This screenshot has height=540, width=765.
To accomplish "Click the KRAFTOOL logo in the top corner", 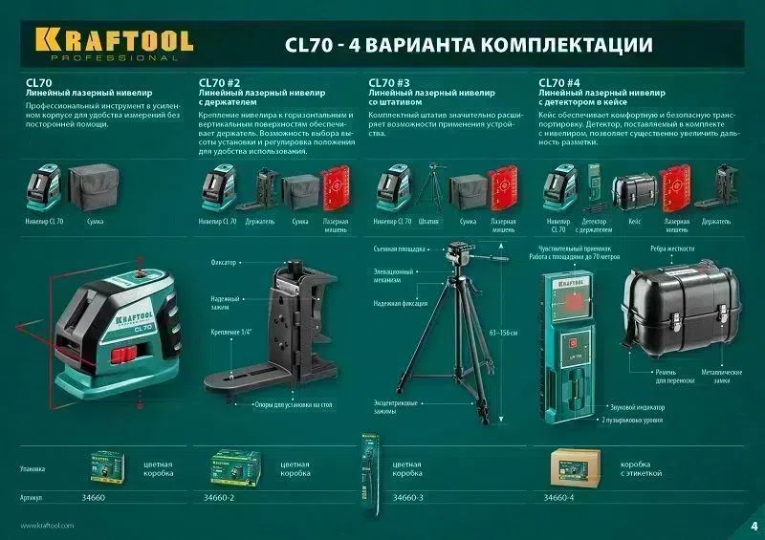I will [x=114, y=42].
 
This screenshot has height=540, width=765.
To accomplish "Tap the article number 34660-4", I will [x=562, y=498].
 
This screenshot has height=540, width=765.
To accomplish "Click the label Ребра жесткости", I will [x=677, y=248].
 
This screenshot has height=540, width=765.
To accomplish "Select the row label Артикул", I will [x=33, y=498].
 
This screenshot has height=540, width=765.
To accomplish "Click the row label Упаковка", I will [x=33, y=469].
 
